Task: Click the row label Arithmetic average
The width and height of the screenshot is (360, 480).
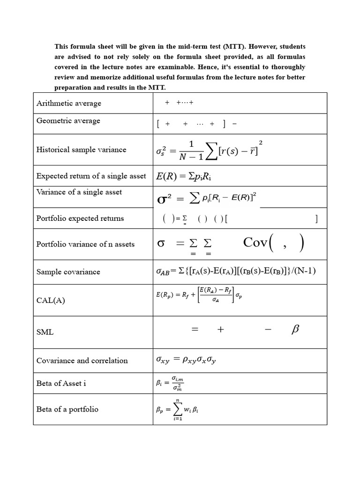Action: click(x=69, y=103)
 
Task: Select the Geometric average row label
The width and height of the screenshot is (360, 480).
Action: click(x=68, y=120)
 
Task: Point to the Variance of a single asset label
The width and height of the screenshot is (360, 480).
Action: click(x=79, y=192)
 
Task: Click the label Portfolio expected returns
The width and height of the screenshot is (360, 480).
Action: click(x=80, y=218)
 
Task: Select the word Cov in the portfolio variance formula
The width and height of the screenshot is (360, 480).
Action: click(x=255, y=242)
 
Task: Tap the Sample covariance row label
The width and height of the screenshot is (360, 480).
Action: click(x=68, y=271)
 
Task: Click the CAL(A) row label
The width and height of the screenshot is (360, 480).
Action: click(x=51, y=300)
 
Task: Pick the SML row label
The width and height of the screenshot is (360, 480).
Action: click(x=45, y=332)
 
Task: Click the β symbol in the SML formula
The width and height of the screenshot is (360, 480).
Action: click(x=295, y=330)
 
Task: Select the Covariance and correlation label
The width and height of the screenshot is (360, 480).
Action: click(x=82, y=360)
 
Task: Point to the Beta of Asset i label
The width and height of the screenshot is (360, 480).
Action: click(x=61, y=383)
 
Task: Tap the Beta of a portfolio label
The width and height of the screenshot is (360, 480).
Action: click(x=67, y=409)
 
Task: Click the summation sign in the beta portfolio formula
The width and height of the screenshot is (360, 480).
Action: click(x=178, y=409)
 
